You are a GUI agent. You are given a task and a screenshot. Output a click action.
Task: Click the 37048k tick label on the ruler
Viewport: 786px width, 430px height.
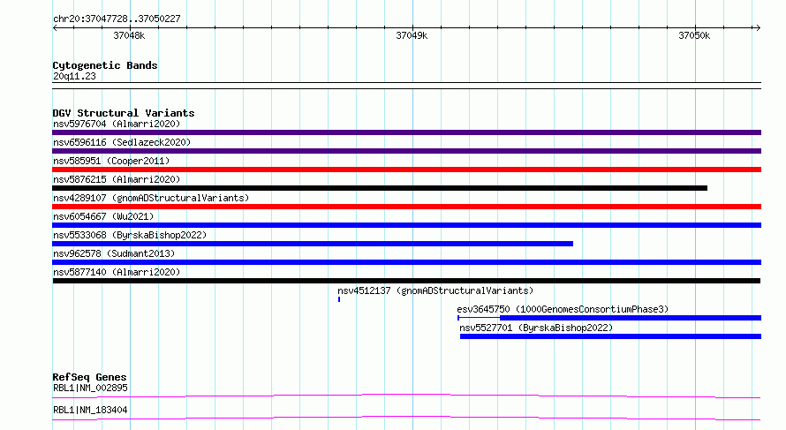pyautogui.click(x=129, y=35)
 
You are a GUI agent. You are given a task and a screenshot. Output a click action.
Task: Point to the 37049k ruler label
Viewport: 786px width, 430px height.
pyautogui.click(x=412, y=35)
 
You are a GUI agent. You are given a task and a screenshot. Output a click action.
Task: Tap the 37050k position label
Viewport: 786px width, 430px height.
pyautogui.click(x=694, y=35)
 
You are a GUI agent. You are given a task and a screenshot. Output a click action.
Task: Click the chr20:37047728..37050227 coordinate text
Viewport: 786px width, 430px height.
pyautogui.click(x=117, y=19)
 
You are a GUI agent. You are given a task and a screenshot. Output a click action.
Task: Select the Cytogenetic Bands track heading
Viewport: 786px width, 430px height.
pyautogui.click(x=105, y=65)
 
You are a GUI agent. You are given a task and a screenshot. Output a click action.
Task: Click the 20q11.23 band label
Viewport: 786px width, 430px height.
pyautogui.click(x=74, y=76)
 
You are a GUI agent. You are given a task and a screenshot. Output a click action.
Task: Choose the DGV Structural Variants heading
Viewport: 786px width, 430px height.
pyautogui.click(x=124, y=113)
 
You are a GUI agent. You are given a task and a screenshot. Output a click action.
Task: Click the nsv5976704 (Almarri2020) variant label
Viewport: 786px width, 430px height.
pyautogui.click(x=117, y=124)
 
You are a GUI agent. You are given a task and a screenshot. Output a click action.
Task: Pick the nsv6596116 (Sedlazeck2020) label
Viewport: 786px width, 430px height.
pyautogui.click(x=122, y=142)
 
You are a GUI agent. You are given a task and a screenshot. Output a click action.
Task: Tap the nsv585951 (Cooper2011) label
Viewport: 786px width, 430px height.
pyautogui.click(x=111, y=161)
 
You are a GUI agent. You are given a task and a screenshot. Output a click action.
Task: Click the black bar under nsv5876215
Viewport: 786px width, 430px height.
pyautogui.click(x=380, y=188)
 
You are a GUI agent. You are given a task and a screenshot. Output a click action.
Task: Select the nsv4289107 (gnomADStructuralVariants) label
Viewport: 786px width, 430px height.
pyautogui.click(x=151, y=198)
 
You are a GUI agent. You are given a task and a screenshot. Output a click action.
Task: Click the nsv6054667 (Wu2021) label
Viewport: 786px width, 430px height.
pyautogui.click(x=103, y=216)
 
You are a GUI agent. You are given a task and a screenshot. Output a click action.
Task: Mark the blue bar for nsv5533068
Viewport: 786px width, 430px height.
pyautogui.click(x=313, y=244)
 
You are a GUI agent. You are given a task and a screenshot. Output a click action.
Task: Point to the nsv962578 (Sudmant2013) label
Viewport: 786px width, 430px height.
pyautogui.click(x=114, y=253)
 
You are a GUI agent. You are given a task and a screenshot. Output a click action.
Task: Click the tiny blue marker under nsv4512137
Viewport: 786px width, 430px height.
pyautogui.click(x=339, y=299)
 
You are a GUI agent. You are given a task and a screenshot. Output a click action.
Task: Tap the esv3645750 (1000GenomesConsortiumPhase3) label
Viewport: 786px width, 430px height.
pyautogui.click(x=563, y=309)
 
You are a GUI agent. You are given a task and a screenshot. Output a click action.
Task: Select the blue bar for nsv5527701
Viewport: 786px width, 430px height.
pyautogui.click(x=610, y=336)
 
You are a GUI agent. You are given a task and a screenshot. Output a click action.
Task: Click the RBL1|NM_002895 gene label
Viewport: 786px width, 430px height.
pyautogui.click(x=90, y=388)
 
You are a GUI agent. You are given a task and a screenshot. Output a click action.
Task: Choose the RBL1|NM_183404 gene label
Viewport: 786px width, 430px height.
pyautogui.click(x=90, y=410)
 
